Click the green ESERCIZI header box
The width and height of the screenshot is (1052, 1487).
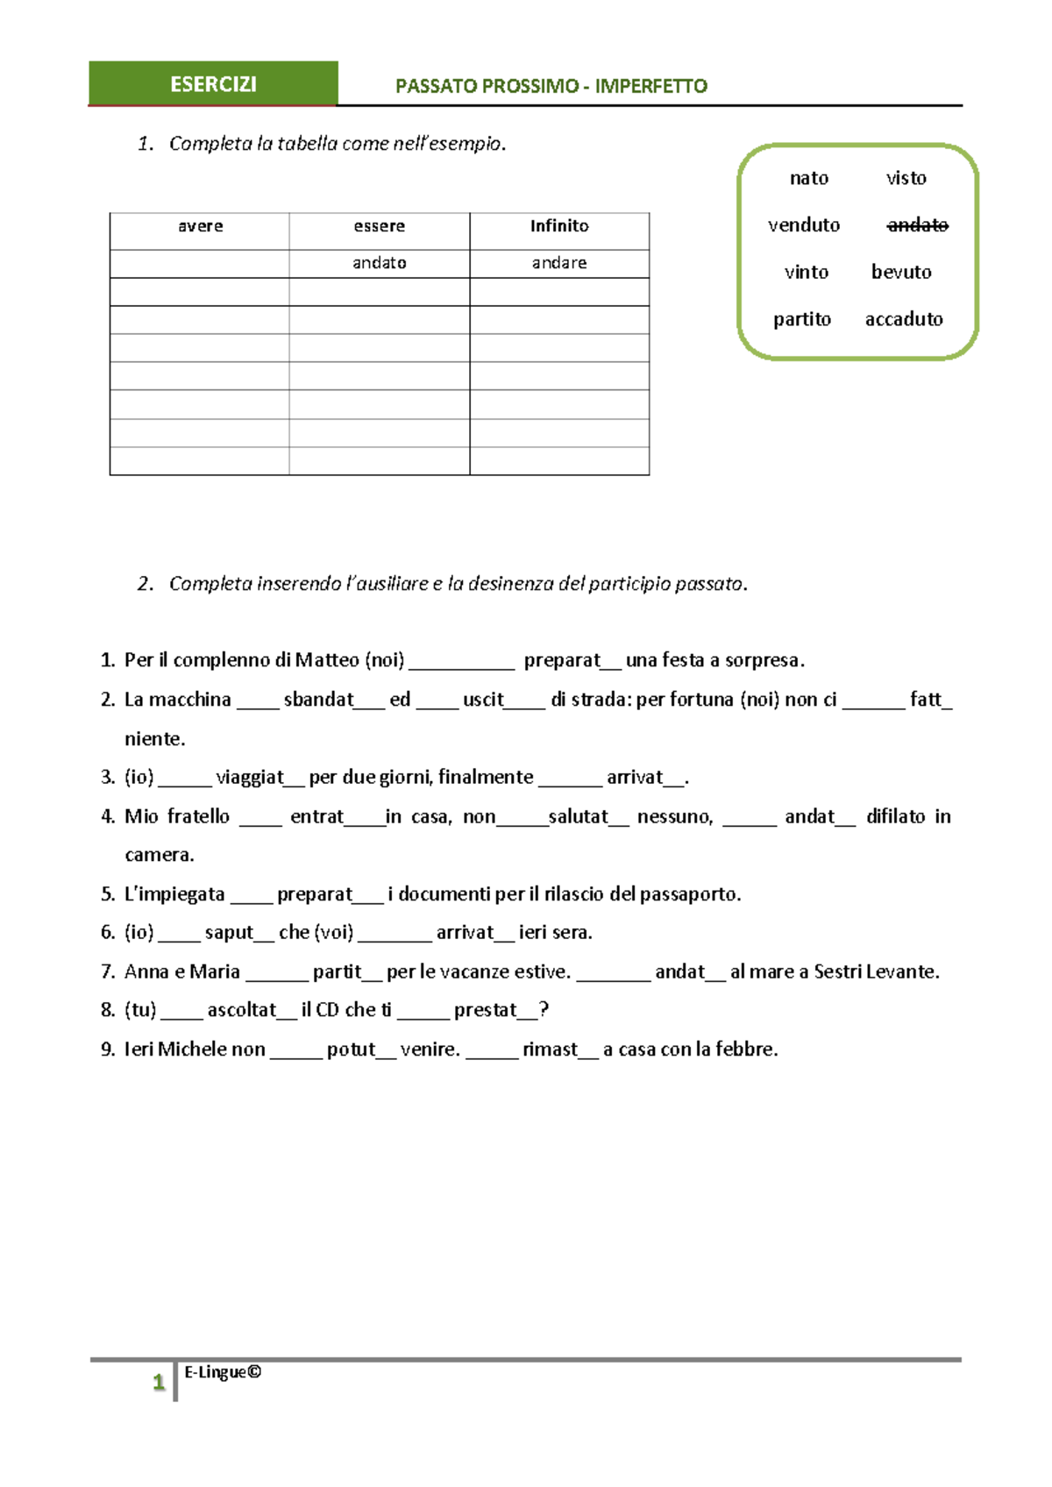(x=213, y=84)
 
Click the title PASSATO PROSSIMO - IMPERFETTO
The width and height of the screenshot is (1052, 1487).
(x=551, y=86)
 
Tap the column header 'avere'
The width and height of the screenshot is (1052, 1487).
(x=200, y=226)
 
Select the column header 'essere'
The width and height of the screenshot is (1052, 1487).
(x=379, y=226)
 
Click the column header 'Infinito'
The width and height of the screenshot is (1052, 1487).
(x=559, y=226)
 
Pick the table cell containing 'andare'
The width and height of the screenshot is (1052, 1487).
(x=559, y=263)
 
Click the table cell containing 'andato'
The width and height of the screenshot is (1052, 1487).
(x=379, y=263)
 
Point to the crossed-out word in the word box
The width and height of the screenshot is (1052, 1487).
(x=917, y=225)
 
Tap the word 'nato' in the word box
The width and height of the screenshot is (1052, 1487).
(x=808, y=179)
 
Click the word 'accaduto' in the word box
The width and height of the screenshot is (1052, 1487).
(x=904, y=319)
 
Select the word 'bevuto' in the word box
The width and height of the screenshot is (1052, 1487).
(x=901, y=272)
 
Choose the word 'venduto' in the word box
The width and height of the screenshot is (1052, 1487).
(x=803, y=225)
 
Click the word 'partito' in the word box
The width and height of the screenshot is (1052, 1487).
(x=801, y=319)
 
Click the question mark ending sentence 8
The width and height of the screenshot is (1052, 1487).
(x=544, y=1010)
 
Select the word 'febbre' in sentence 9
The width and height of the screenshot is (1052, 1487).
(x=745, y=1049)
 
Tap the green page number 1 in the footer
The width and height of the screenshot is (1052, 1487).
(x=159, y=1383)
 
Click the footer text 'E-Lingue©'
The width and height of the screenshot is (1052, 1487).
(x=223, y=1372)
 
